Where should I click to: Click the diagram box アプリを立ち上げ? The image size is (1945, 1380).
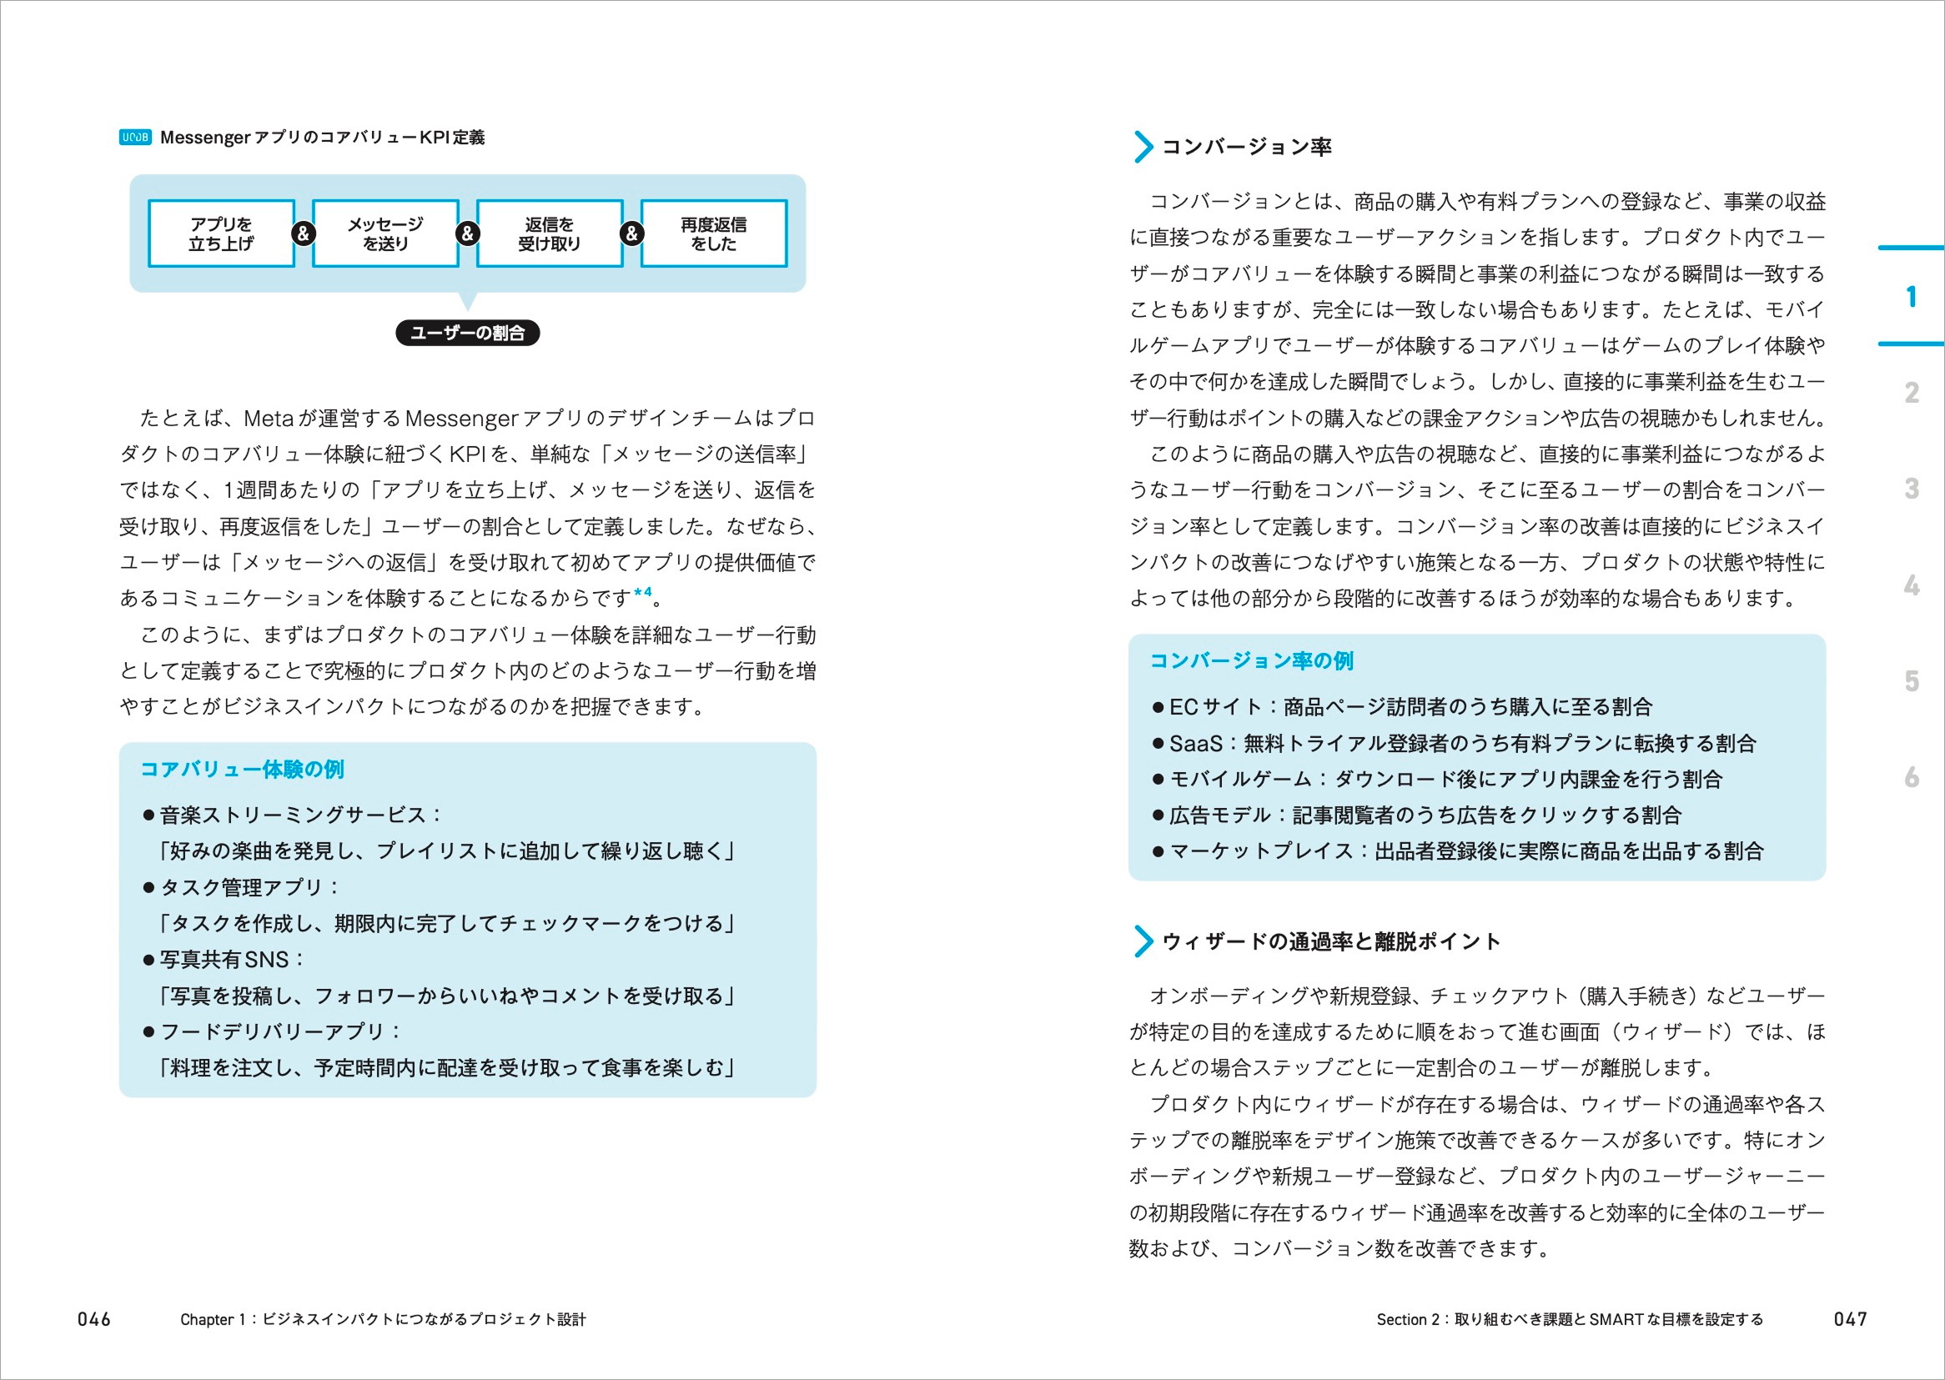point(221,233)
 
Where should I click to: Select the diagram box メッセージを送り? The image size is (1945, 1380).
point(385,233)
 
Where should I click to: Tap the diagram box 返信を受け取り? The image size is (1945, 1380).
point(549,233)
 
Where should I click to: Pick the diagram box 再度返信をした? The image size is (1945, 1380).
point(713,233)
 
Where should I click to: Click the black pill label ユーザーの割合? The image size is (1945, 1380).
point(467,333)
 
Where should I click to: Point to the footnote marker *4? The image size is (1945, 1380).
point(643,593)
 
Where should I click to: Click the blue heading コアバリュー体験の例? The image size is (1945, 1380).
point(242,769)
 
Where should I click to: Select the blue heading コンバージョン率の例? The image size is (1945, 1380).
point(1251,660)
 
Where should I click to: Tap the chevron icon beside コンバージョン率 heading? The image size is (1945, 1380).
point(1143,147)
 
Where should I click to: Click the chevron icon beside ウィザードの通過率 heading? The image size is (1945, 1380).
point(1143,941)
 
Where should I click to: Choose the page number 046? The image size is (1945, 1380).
point(94,1319)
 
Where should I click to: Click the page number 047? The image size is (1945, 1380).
point(1850,1319)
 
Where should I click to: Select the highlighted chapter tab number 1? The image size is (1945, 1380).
point(1911,297)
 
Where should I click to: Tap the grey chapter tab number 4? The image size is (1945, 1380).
point(1911,585)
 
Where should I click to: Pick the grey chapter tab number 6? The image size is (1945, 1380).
point(1911,776)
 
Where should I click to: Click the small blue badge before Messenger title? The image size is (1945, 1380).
point(135,138)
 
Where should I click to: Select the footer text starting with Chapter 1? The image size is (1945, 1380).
point(382,1319)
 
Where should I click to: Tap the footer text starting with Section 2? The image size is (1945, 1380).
point(1570,1319)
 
